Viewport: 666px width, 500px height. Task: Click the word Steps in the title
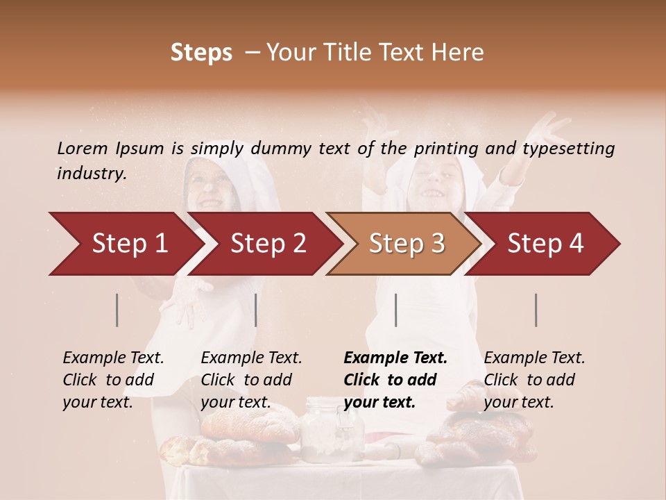pyautogui.click(x=201, y=53)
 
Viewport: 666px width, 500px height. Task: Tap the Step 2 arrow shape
pyautogui.click(x=267, y=244)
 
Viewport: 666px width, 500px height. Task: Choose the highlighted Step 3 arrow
pyautogui.click(x=406, y=244)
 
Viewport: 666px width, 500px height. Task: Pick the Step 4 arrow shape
pyautogui.click(x=545, y=244)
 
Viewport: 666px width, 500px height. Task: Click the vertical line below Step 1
pyautogui.click(x=117, y=310)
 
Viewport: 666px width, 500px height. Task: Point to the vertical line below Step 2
pyautogui.click(x=256, y=310)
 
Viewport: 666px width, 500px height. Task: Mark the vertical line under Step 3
pyautogui.click(x=395, y=310)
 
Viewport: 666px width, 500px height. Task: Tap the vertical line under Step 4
pyautogui.click(x=536, y=310)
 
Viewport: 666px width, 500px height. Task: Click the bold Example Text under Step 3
pyautogui.click(x=395, y=358)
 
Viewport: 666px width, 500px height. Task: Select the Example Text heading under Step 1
pyautogui.click(x=113, y=358)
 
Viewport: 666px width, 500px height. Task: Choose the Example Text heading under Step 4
pyautogui.click(x=534, y=358)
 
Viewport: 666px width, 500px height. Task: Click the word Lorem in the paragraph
pyautogui.click(x=83, y=149)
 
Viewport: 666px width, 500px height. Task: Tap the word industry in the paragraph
pyautogui.click(x=90, y=174)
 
